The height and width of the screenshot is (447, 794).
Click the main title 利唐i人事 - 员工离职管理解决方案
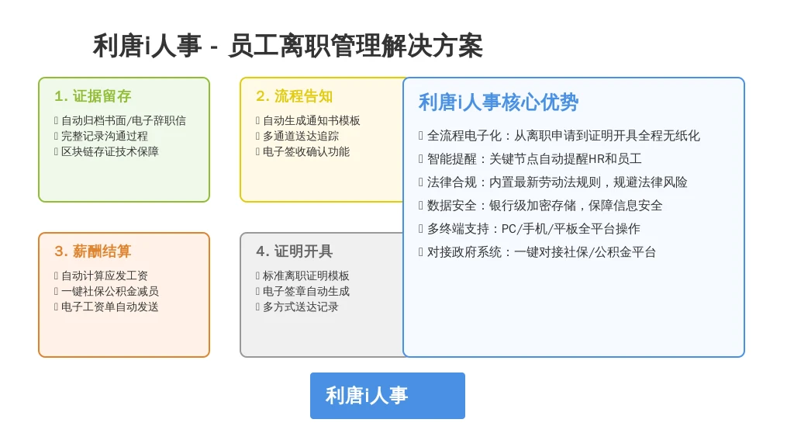point(288,46)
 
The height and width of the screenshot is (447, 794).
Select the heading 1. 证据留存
point(93,95)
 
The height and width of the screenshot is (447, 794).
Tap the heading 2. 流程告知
point(294,95)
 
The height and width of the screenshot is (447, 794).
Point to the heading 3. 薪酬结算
point(93,251)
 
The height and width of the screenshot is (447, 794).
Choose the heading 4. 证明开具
point(294,251)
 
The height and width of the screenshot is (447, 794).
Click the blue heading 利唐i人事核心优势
point(499,102)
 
